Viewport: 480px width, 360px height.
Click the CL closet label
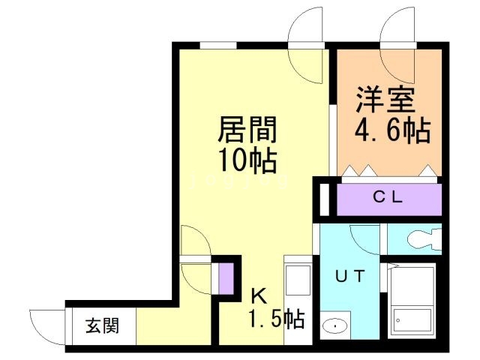click(x=389, y=198)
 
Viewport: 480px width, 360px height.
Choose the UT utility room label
click(x=350, y=276)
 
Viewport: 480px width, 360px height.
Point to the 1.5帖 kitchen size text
click(x=275, y=319)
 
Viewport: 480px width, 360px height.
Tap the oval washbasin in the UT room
click(x=333, y=326)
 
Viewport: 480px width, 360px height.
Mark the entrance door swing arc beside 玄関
click(x=46, y=324)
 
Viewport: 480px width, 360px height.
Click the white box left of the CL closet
click(x=324, y=199)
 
